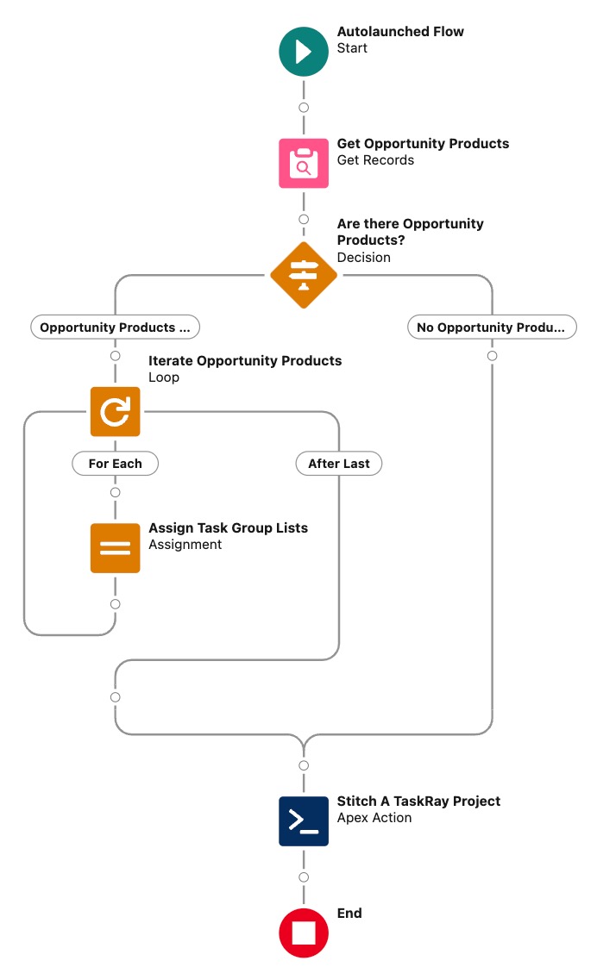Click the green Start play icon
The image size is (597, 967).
click(x=304, y=51)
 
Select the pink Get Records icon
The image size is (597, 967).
click(x=304, y=163)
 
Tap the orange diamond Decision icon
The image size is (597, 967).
click(x=304, y=275)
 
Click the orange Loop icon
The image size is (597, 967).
click(x=115, y=412)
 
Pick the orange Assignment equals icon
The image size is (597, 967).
click(x=115, y=548)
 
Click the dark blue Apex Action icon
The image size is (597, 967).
click(x=304, y=820)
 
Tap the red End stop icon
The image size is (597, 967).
click(x=304, y=933)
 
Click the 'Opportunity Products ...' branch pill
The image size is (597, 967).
click(x=115, y=328)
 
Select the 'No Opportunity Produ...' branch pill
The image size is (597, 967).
click(x=492, y=328)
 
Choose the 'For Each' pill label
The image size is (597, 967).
click(x=115, y=464)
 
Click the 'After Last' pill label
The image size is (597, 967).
click(x=339, y=464)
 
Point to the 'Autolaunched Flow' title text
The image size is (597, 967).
click(x=400, y=32)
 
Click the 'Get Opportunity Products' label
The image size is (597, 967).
click(x=423, y=144)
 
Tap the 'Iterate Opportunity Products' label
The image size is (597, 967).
click(x=245, y=361)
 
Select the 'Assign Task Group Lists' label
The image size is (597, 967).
click(x=228, y=528)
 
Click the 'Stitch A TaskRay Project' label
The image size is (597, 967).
click(x=418, y=802)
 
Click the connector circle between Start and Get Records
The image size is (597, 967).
click(x=304, y=108)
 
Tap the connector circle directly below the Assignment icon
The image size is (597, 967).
click(x=115, y=604)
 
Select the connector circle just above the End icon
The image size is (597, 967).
click(x=304, y=877)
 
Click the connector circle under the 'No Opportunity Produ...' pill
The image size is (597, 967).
click(x=492, y=356)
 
